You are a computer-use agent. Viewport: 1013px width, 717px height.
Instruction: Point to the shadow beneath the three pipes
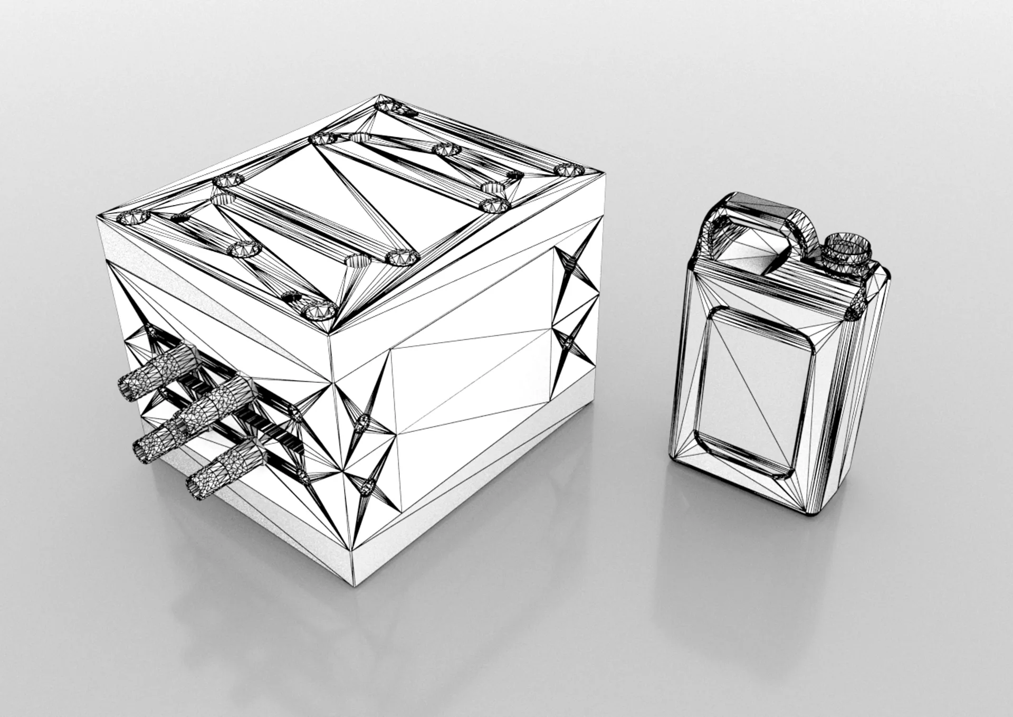[x=174, y=507]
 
